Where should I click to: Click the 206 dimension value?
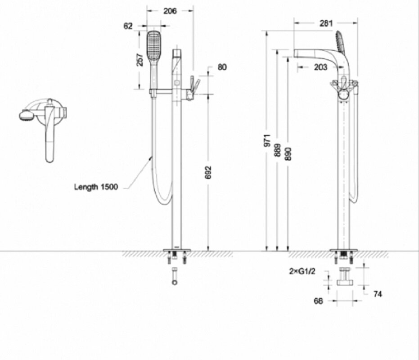pos(170,11)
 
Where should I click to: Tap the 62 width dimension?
pos(128,26)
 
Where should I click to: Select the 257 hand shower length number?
pos(140,59)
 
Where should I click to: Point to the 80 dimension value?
pos(222,67)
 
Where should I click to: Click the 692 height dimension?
pos(208,172)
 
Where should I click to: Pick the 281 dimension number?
pos(326,23)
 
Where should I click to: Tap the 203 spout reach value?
pos(320,67)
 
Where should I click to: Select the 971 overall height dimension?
pos(267,140)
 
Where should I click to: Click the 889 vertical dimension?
pos(278,150)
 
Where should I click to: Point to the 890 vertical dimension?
pos(288,154)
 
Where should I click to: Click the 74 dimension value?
pos(378,294)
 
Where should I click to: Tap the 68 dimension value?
pos(318,301)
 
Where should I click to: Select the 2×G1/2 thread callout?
pos(302,271)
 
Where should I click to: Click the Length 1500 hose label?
pos(96,187)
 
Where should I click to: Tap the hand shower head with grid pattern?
pos(154,45)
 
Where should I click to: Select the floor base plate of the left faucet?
pos(177,250)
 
